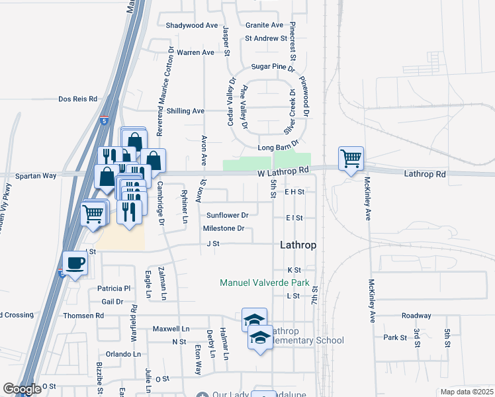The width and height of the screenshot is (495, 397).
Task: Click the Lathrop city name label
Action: pyautogui.click(x=298, y=244)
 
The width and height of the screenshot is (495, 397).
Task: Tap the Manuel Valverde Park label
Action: pyautogui.click(x=265, y=283)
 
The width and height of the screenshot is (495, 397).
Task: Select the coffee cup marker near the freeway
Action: pyautogui.click(x=75, y=263)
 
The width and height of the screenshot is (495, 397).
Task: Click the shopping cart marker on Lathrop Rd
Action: pyautogui.click(x=350, y=158)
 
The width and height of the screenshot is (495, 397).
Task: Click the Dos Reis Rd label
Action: pyautogui.click(x=77, y=99)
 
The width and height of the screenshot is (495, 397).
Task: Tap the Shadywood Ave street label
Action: pyautogui.click(x=192, y=25)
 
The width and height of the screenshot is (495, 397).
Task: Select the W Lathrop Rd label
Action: pyautogui.click(x=283, y=171)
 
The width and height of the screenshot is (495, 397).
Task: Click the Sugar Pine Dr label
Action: pyautogui.click(x=273, y=67)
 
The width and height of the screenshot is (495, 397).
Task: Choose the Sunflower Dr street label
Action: pyautogui.click(x=227, y=215)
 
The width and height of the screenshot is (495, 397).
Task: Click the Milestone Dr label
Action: pyautogui.click(x=224, y=228)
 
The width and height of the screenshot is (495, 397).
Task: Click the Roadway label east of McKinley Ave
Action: pyautogui.click(x=416, y=316)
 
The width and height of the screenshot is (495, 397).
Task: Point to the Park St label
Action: pyautogui.click(x=394, y=337)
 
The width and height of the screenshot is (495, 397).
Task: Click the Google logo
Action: pyautogui.click(x=22, y=389)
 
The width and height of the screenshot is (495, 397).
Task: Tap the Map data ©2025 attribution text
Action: pyautogui.click(x=467, y=392)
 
